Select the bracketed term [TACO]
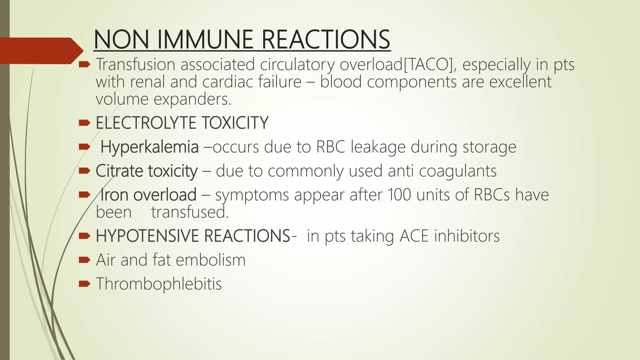[428, 64]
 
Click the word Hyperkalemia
[149, 147]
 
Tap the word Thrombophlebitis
[159, 284]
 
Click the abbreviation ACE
[414, 236]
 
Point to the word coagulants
[457, 171]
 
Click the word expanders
[192, 99]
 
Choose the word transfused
[190, 212]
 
